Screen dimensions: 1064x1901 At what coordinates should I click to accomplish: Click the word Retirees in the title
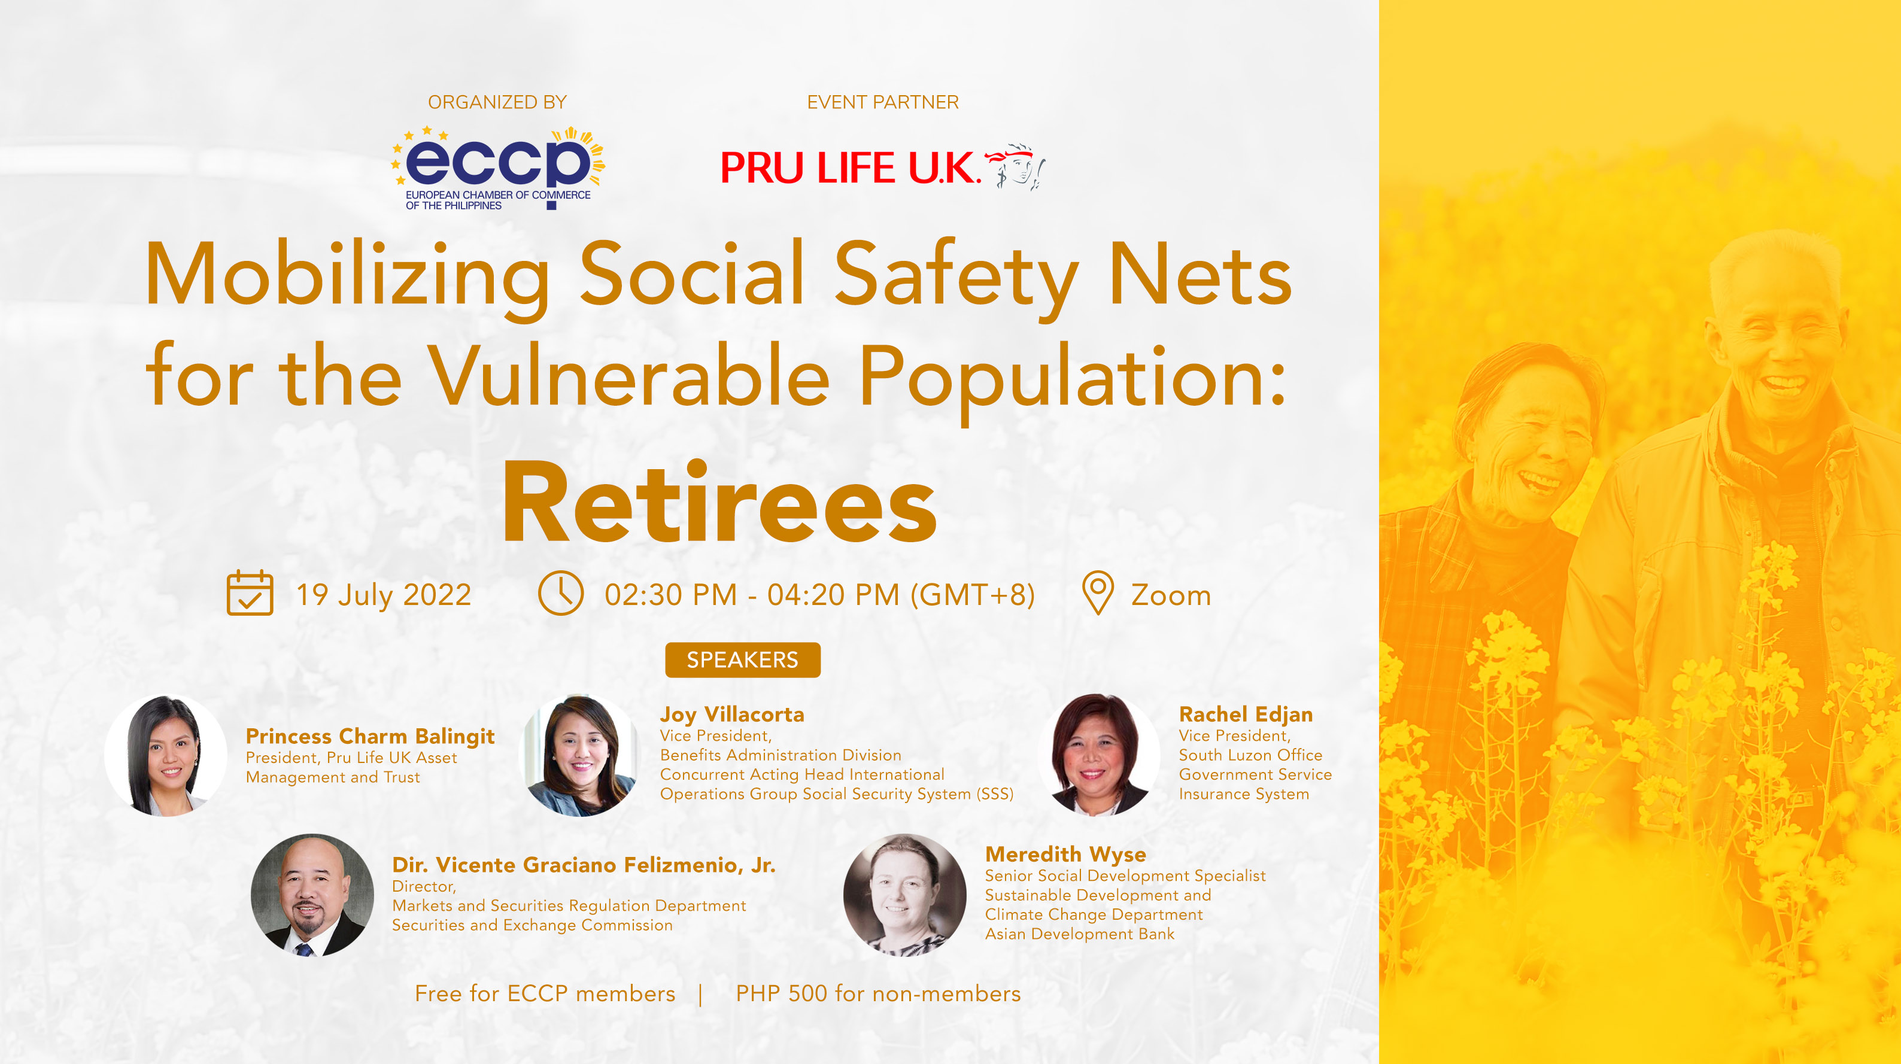(719, 503)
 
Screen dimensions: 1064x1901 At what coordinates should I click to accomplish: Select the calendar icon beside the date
(250, 592)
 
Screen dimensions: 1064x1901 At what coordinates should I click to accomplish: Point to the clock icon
(560, 592)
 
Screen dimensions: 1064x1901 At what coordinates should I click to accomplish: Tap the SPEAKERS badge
(742, 659)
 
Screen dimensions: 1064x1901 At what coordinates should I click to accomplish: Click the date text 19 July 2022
(383, 595)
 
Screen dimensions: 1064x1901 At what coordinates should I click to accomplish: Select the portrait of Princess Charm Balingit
(165, 756)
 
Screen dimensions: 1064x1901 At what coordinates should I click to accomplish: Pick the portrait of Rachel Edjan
(1099, 754)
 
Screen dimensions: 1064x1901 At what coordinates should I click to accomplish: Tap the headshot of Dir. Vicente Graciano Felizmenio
(312, 895)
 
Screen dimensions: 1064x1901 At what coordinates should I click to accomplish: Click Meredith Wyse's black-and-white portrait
(905, 895)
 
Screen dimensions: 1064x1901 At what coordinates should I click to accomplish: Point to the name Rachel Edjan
(1246, 715)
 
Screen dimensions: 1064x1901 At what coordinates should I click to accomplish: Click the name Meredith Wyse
(1065, 855)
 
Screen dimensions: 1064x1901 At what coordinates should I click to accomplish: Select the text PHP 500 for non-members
(878, 994)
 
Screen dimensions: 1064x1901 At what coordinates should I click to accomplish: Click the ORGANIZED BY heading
(497, 102)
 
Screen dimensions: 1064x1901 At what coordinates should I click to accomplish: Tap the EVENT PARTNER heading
(883, 102)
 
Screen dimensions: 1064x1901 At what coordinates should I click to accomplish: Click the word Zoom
(1171, 595)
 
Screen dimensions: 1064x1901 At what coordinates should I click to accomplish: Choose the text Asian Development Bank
(1080, 934)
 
